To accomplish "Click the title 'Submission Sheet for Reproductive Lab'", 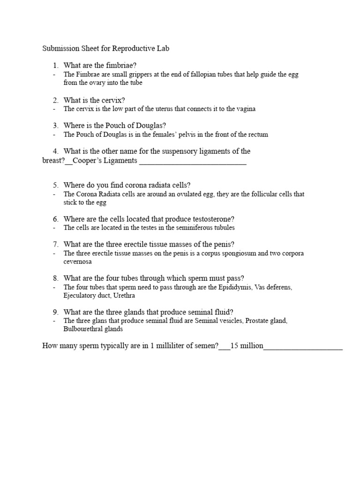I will click(x=102, y=48).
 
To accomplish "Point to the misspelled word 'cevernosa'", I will click(x=77, y=261).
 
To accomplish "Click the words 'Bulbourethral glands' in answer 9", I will click(x=93, y=329).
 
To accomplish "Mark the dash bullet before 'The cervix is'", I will click(x=54, y=109).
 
